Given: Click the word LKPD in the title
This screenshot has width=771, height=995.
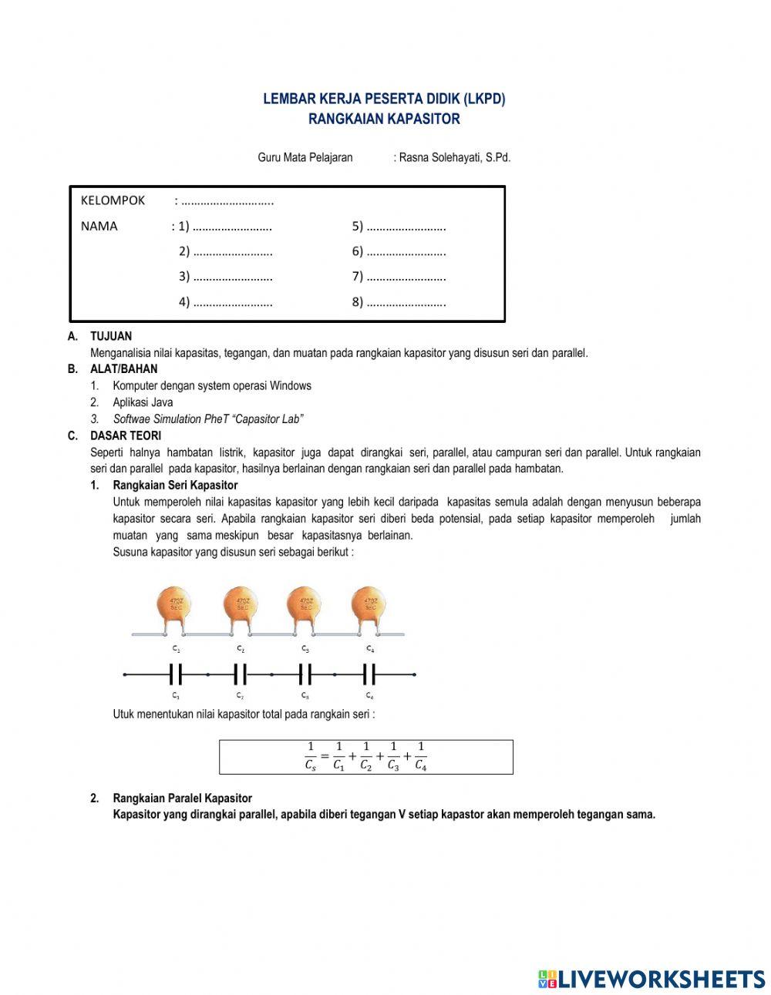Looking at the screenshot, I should point(485,99).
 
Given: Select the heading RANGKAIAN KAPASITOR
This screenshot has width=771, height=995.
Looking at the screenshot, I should point(384,119).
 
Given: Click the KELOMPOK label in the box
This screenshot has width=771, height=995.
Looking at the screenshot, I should point(113,200).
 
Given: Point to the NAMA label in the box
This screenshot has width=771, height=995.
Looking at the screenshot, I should point(99,226).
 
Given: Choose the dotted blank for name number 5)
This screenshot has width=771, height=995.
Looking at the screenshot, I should point(406,227).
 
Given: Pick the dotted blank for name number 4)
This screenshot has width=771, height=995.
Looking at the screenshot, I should point(233,302).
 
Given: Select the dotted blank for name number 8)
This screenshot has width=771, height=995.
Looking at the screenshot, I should point(406,302).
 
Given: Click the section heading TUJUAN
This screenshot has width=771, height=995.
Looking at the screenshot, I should point(111,336).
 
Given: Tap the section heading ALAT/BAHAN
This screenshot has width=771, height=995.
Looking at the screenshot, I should point(123,368).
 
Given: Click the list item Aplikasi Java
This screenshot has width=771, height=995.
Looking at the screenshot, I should point(143,402).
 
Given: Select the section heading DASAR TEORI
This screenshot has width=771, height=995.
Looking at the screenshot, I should point(126,435).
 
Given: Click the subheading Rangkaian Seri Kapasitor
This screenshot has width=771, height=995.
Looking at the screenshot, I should point(175,486).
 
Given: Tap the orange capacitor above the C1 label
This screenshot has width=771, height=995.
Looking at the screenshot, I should point(175,604).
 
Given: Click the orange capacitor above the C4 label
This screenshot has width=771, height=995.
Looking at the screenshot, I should point(370,604).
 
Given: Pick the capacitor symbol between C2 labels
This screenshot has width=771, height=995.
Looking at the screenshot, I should point(241,675).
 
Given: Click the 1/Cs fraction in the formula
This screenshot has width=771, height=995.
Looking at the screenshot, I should point(310,756).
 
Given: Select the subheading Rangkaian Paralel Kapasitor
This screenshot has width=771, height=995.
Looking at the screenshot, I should point(182,798).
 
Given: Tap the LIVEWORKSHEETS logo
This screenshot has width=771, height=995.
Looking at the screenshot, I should point(651,979).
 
